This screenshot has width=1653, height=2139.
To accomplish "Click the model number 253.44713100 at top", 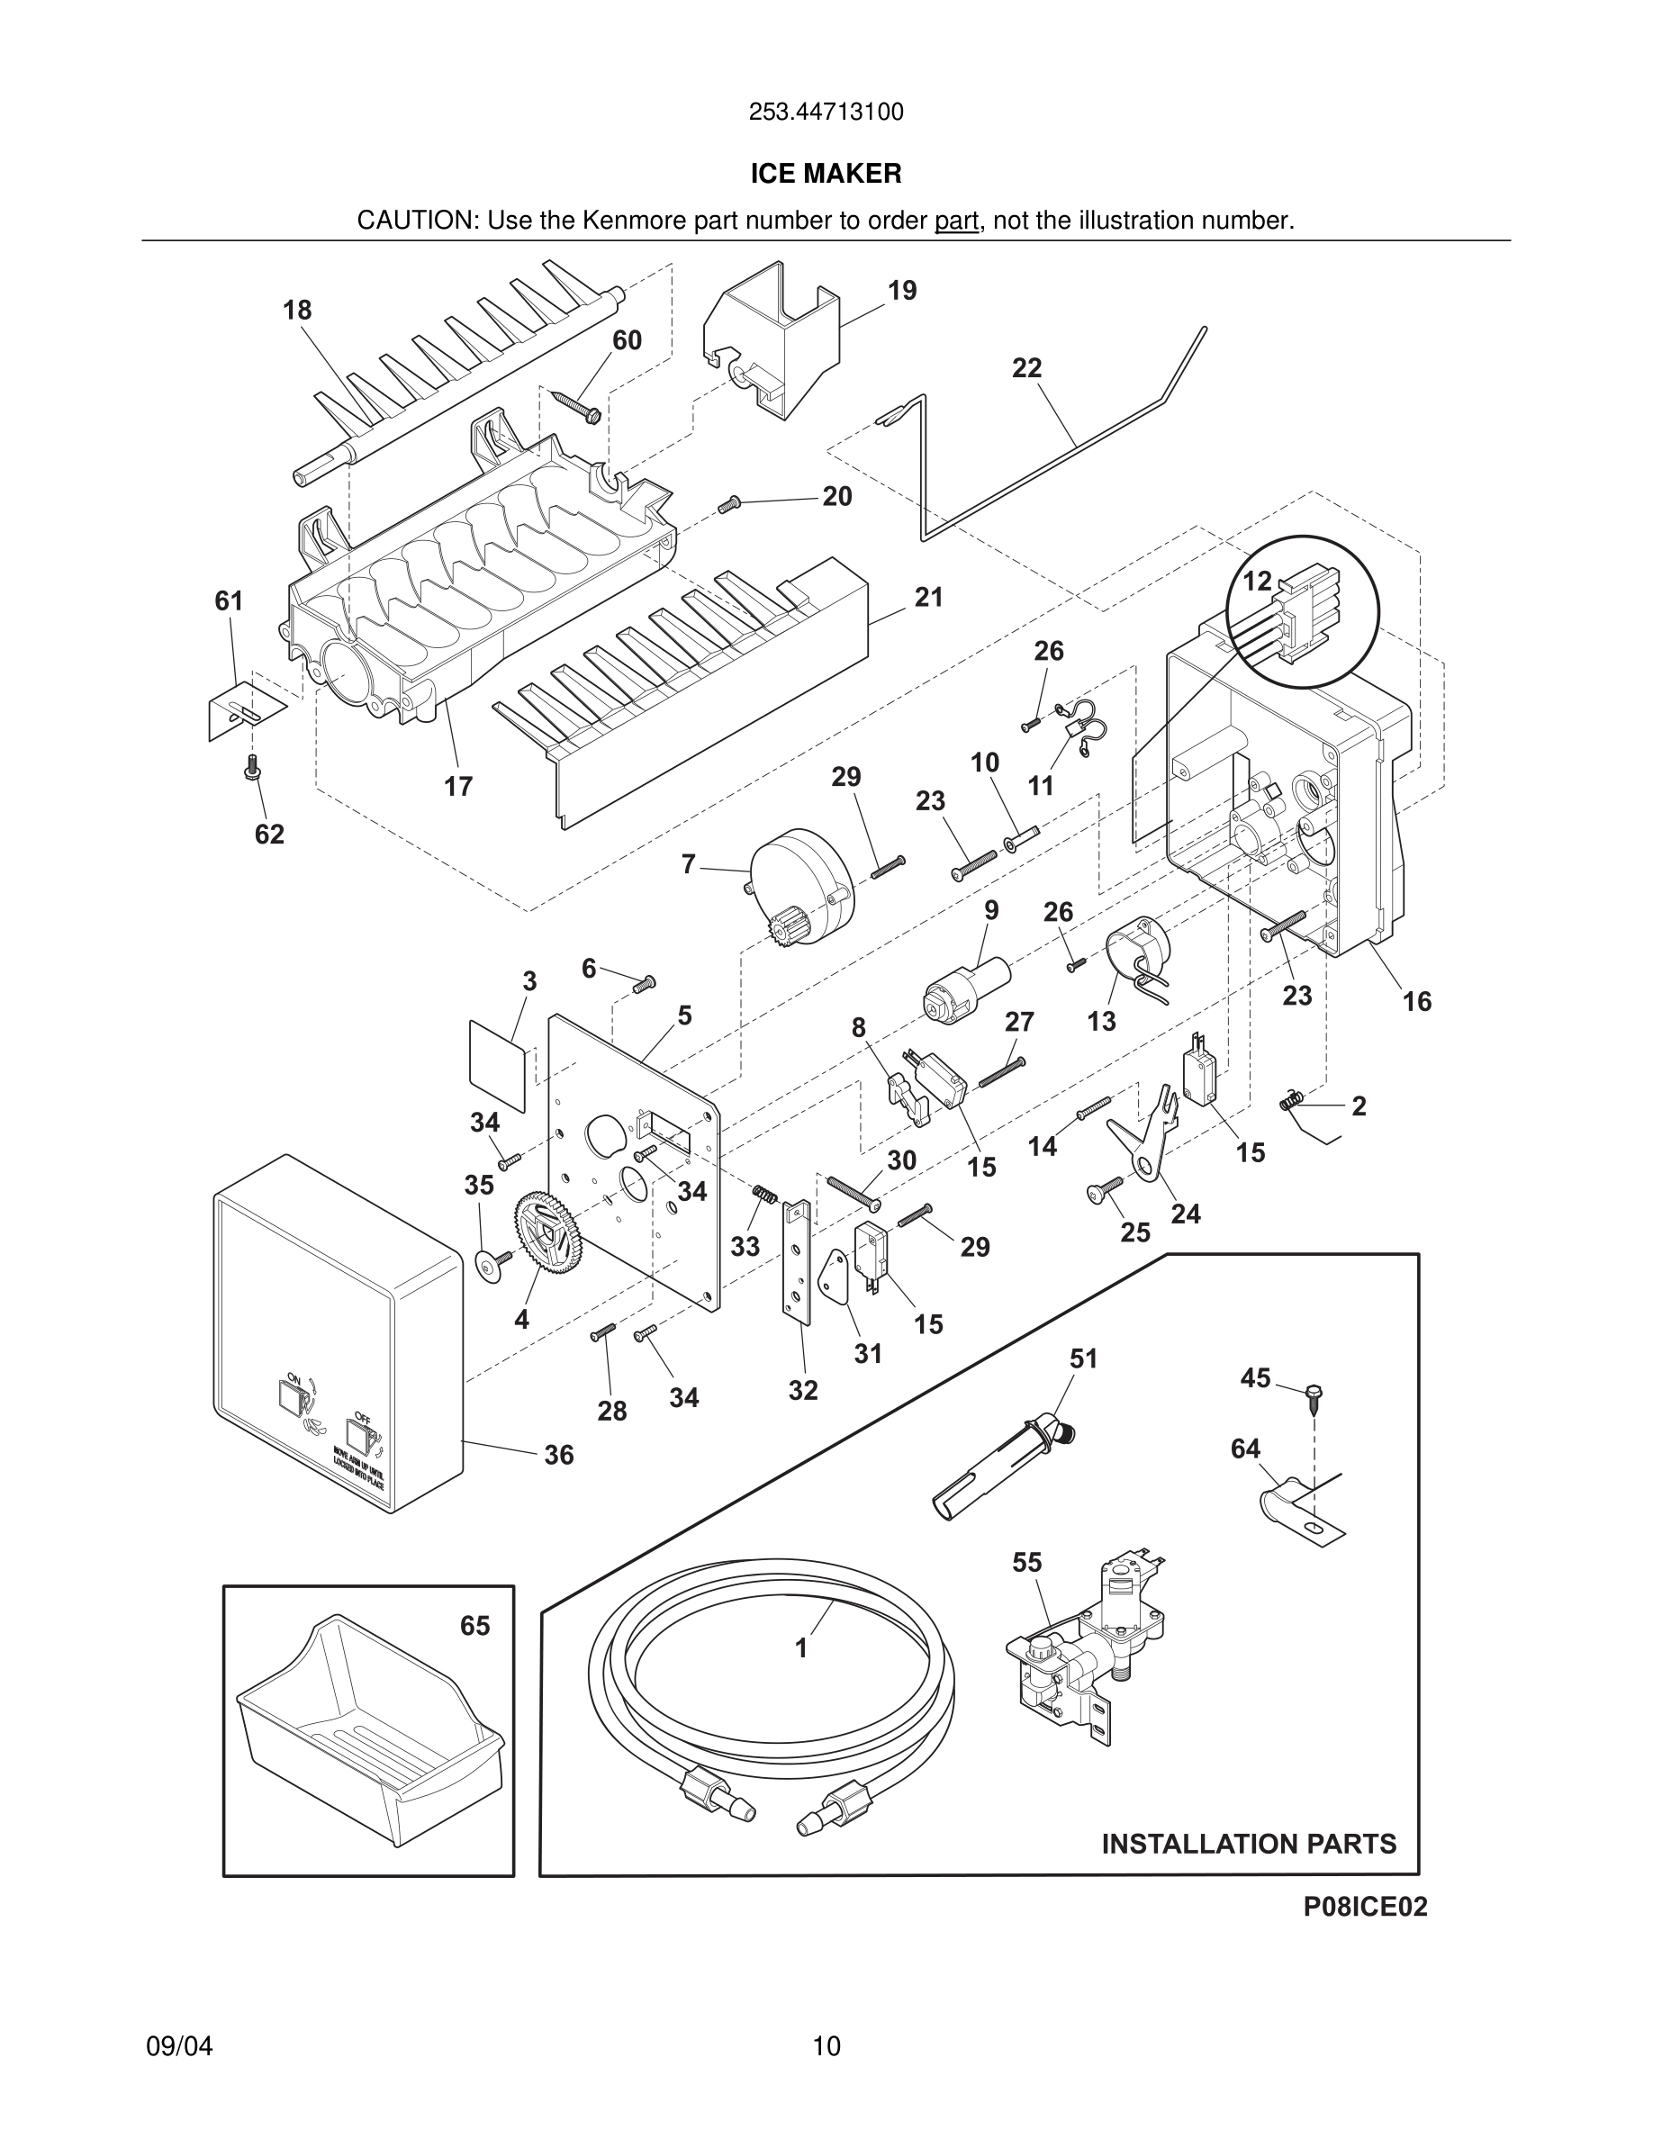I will click(x=826, y=113).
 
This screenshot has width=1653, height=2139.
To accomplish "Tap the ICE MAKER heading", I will click(x=826, y=175).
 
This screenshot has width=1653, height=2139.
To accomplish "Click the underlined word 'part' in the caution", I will click(x=956, y=221).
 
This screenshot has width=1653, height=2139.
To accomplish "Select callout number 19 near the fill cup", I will click(x=902, y=291).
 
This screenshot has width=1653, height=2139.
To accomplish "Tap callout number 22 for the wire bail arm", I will click(x=1026, y=368).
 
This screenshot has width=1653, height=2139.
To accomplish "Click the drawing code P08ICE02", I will click(x=1364, y=1906).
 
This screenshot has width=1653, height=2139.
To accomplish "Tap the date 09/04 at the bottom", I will click(x=179, y=2046).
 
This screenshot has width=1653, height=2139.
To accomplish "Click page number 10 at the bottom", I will click(x=826, y=2046).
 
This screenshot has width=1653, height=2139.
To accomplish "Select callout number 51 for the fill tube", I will click(x=1083, y=1358).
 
